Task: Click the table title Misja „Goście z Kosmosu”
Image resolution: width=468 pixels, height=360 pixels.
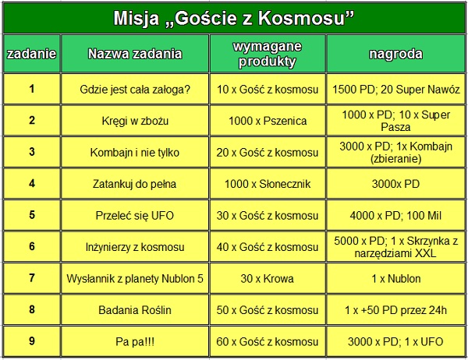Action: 234,18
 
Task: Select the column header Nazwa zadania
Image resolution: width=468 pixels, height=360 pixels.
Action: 135,54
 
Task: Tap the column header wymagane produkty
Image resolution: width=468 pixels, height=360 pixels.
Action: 268,54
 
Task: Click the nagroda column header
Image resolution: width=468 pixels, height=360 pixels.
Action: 395,54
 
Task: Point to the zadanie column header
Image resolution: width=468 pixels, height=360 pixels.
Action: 32,54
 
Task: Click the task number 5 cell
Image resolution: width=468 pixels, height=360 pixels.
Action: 32,215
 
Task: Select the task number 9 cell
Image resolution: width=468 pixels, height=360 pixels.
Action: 32,341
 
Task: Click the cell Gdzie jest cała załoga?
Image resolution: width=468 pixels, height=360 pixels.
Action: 135,89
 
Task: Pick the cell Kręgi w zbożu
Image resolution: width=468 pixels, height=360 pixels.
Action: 135,121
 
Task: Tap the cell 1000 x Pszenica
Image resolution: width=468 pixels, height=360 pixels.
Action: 268,121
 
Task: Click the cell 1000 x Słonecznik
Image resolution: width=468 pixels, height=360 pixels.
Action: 268,184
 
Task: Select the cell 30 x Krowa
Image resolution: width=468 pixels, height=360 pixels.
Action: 268,279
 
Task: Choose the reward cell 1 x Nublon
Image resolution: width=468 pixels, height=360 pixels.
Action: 395,279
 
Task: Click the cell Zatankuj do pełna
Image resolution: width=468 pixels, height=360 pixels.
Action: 135,184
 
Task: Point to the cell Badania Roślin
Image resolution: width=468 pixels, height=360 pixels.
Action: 135,310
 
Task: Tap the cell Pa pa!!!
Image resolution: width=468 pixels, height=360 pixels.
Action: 135,341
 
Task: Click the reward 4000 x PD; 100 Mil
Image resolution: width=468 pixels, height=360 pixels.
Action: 395,215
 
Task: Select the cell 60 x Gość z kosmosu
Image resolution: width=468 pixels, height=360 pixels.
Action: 268,341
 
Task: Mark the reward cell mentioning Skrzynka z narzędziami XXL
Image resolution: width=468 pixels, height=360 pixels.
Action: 395,247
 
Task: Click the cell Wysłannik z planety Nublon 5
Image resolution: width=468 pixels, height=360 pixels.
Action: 135,279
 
